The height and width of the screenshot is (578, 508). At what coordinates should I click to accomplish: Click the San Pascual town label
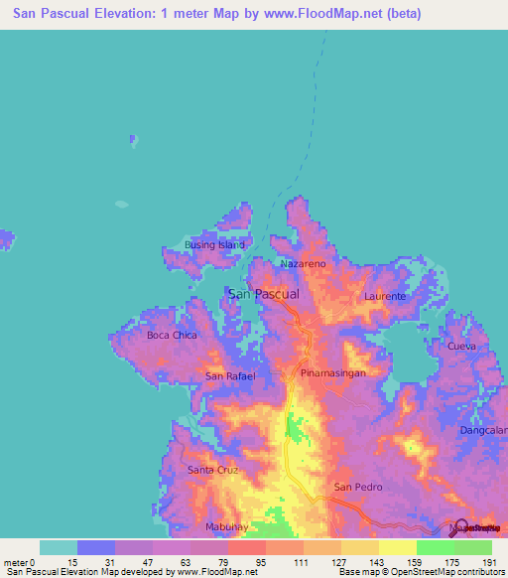[x=264, y=294]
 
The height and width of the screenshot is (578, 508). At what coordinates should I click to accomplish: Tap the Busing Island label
[x=214, y=244]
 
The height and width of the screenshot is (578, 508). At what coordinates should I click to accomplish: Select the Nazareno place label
[x=303, y=265]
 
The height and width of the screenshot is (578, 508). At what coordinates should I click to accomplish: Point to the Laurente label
[x=385, y=297]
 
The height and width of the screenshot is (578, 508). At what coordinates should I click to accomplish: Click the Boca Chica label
[x=172, y=335]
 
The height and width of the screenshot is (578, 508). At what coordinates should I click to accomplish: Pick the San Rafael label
[x=230, y=376]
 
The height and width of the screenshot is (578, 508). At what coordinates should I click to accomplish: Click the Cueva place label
[x=462, y=346]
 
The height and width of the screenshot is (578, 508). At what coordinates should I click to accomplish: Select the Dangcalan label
[x=483, y=430]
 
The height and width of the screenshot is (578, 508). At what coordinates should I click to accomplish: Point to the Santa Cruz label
[x=212, y=469]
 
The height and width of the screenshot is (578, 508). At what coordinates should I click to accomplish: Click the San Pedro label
[x=356, y=487]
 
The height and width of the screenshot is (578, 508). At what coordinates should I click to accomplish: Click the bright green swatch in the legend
[x=435, y=547]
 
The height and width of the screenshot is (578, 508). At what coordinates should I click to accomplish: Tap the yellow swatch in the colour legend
[x=397, y=547]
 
